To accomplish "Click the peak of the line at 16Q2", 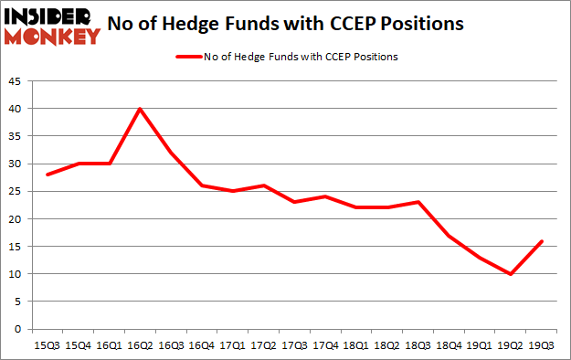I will coord(140,109).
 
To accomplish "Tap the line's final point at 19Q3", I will coord(544,241).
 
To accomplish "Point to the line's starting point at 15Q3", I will coord(47,175).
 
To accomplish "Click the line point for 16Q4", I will coord(202,185).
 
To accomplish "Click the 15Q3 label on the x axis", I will coord(47,344).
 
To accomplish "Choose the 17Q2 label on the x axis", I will coord(264,344).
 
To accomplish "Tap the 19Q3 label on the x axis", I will coord(544,344).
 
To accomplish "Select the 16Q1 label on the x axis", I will coord(109,344).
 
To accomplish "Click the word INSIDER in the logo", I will coord(50,16).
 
